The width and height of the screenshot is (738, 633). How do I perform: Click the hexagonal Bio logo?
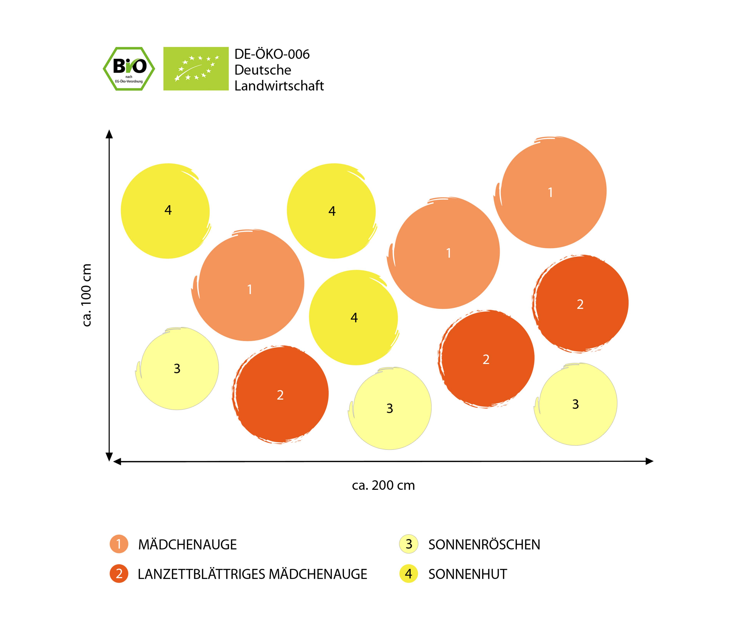(129, 69)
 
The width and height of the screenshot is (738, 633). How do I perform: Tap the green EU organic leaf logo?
(196, 69)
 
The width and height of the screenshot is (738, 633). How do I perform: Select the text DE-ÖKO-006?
(272, 54)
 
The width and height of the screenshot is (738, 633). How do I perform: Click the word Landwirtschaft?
(279, 86)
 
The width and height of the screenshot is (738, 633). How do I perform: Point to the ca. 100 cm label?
(86, 295)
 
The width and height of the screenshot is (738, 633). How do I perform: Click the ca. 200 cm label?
(383, 485)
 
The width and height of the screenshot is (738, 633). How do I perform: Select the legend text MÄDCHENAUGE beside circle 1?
(187, 545)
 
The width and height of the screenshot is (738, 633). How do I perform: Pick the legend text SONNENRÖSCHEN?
(484, 545)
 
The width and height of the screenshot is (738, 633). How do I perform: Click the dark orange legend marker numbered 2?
(119, 574)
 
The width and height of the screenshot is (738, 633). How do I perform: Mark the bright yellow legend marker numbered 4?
(409, 574)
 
